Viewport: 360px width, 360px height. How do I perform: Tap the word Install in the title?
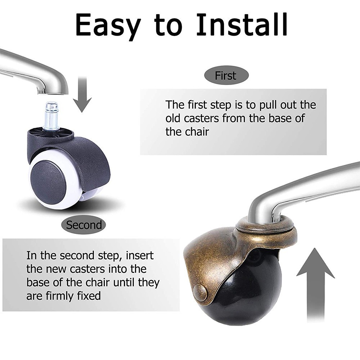click(241, 24)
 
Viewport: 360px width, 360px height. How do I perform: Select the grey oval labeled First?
click(226, 75)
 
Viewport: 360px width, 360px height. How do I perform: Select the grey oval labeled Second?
click(84, 224)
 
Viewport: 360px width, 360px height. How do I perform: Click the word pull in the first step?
click(268, 105)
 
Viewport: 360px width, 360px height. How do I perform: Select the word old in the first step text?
click(174, 118)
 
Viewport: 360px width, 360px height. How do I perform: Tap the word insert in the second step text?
click(140, 256)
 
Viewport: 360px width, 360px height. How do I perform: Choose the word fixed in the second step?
click(89, 296)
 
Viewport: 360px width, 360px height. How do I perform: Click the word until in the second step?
click(124, 283)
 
